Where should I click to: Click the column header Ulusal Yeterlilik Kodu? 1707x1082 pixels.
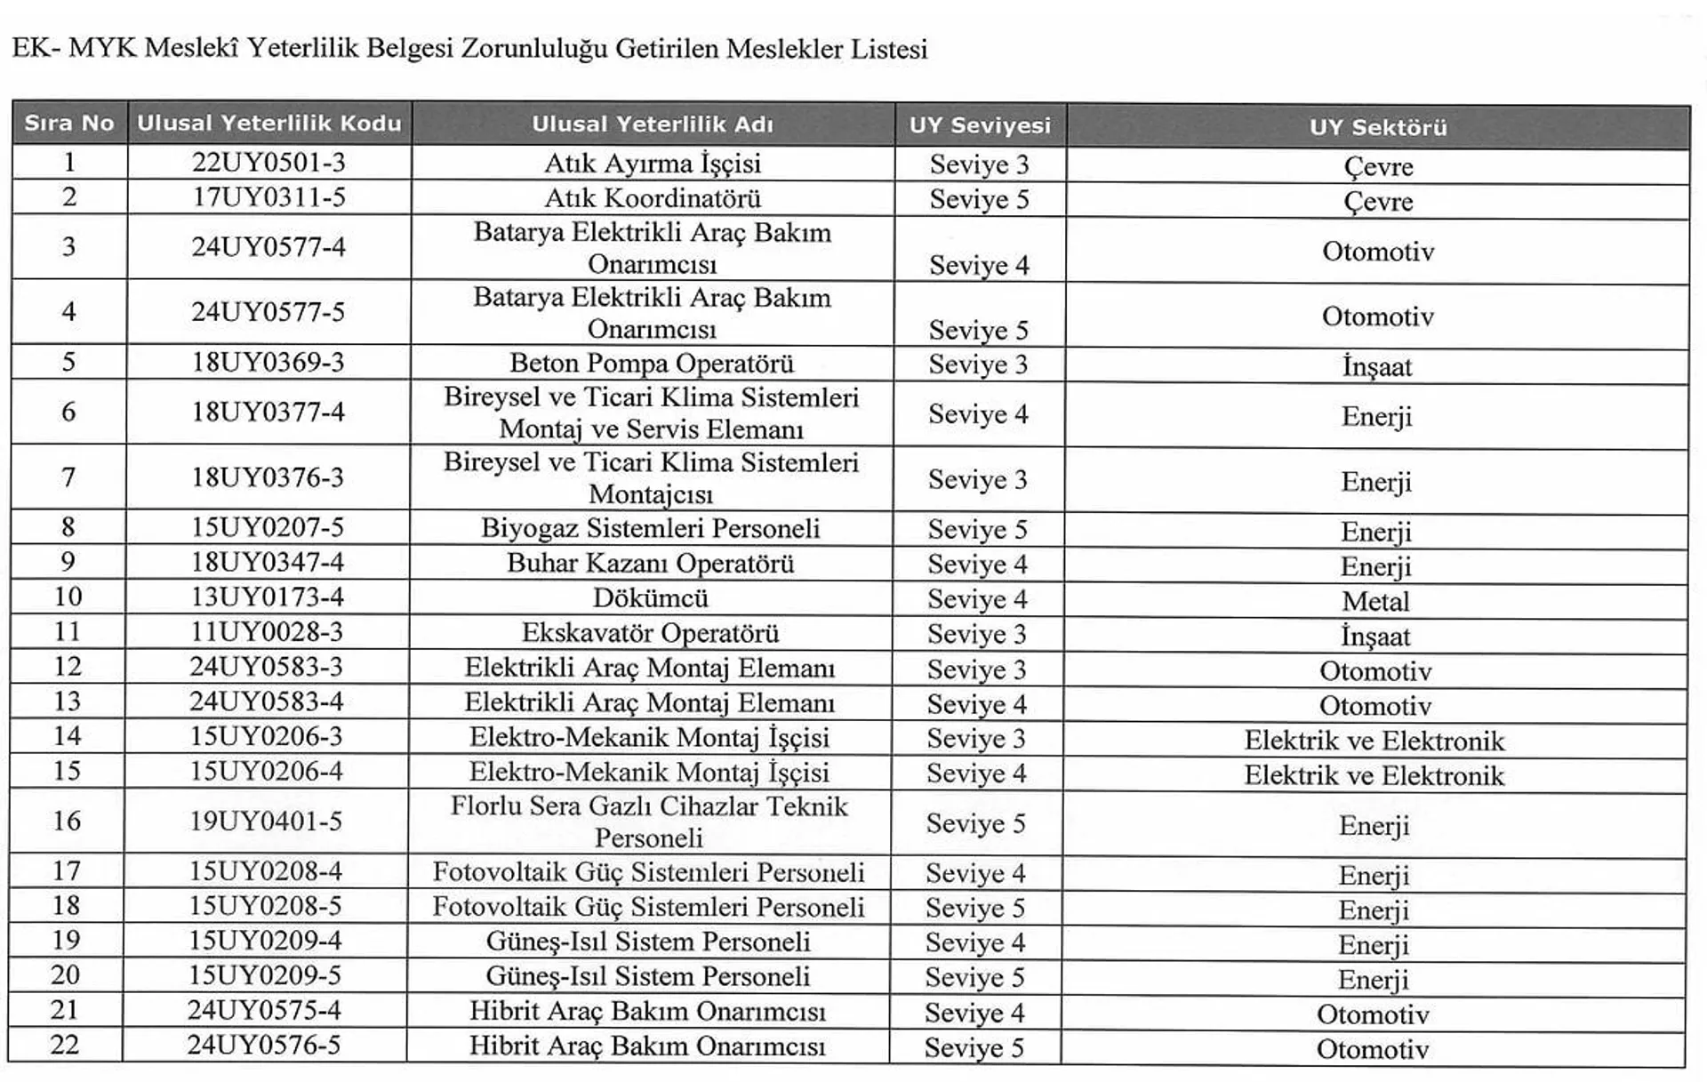[x=268, y=123]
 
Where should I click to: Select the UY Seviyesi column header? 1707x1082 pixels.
[x=980, y=125]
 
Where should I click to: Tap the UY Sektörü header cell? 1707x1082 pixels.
[x=1377, y=127]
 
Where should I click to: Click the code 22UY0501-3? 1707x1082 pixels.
[x=268, y=163]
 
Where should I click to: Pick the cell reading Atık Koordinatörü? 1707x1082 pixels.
[x=653, y=198]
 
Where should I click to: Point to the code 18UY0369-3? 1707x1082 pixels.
[x=268, y=363]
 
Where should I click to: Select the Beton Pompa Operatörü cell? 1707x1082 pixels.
[x=652, y=364]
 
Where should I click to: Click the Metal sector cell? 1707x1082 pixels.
[x=1375, y=602]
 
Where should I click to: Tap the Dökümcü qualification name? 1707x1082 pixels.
[x=651, y=598]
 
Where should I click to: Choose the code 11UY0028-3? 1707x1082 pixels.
[x=267, y=632]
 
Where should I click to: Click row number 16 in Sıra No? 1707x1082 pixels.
[x=67, y=821]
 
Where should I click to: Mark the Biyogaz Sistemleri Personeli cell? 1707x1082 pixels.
[x=651, y=528]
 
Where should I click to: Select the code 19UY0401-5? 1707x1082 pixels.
[x=266, y=821]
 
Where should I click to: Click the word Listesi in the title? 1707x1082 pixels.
[x=889, y=49]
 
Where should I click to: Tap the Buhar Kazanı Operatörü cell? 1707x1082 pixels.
[x=651, y=564]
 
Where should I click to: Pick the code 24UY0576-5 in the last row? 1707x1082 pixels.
[x=264, y=1045]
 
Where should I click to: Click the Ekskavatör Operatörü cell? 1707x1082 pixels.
[x=651, y=633]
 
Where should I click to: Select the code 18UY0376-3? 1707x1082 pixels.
[x=268, y=477]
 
